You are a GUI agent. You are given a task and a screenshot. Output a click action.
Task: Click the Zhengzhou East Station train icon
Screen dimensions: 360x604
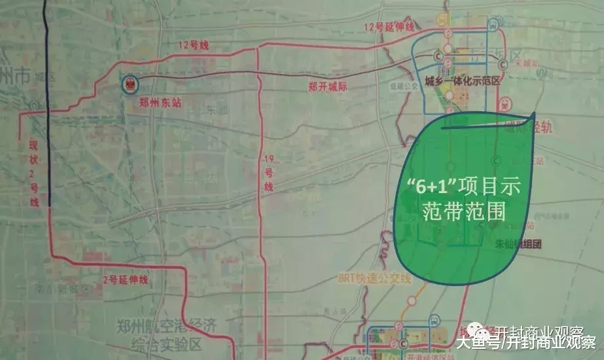click(130, 83)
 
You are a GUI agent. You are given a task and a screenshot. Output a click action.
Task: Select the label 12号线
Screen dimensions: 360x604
click(193, 45)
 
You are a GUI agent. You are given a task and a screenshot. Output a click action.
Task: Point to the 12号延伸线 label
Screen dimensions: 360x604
click(390, 27)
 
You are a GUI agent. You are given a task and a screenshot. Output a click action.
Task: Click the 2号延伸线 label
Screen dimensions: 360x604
click(126, 279)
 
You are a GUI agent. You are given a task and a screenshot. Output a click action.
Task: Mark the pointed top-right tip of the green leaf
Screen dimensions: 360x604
click(533, 115)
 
